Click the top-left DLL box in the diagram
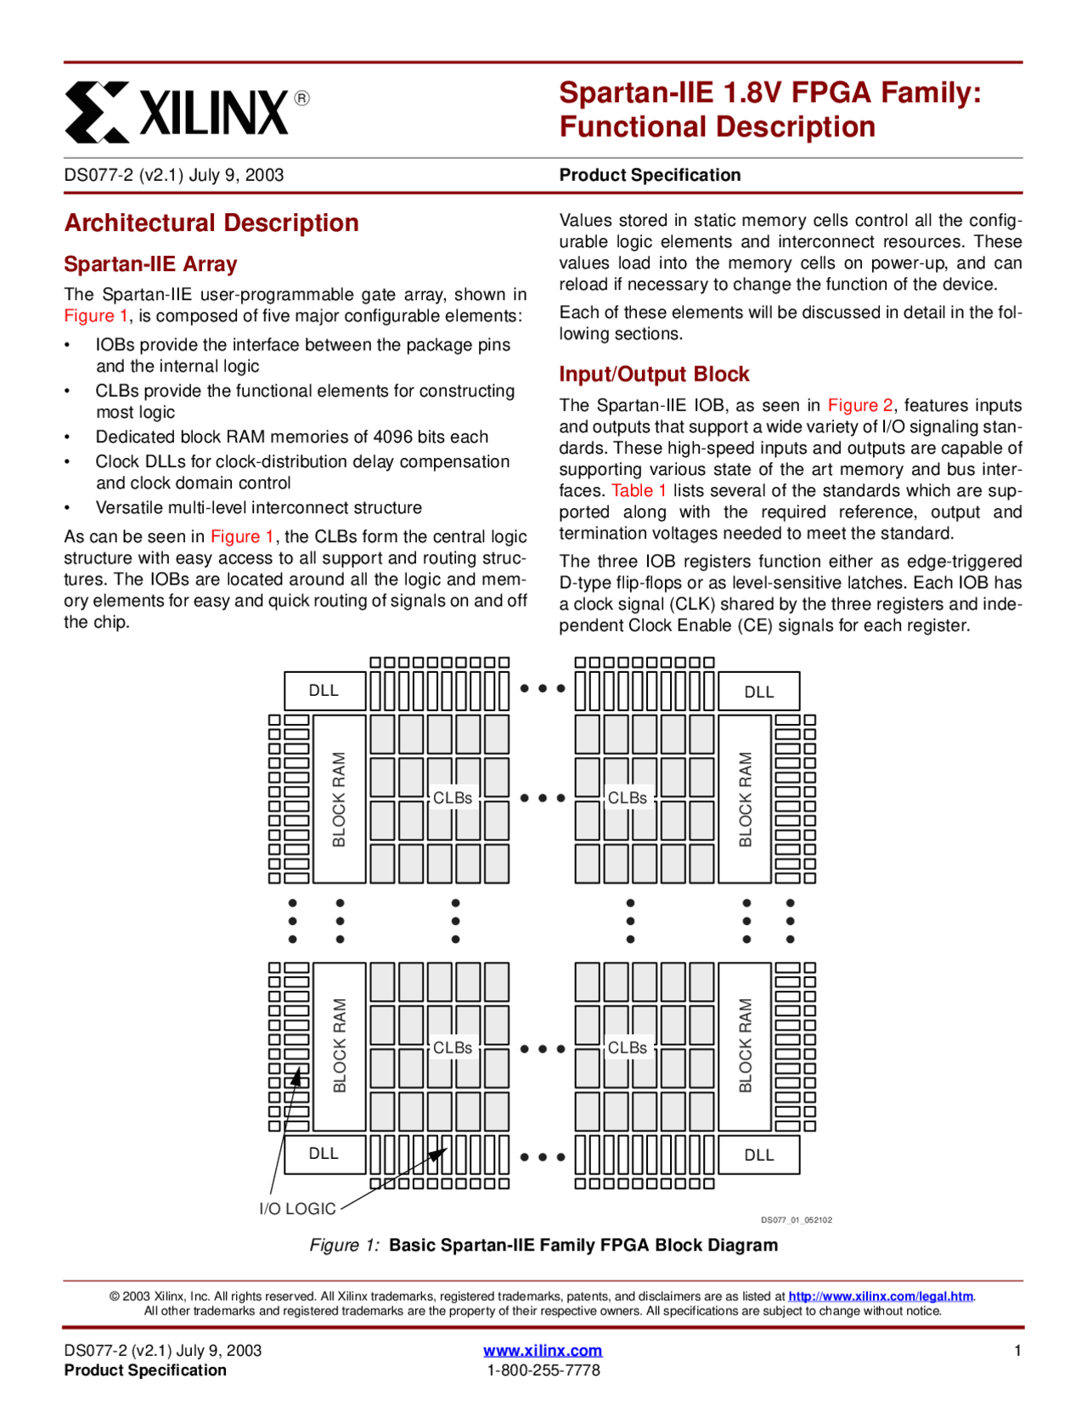click(x=324, y=691)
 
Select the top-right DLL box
click(x=758, y=692)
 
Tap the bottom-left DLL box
click(x=324, y=1154)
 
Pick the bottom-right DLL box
click(x=758, y=1155)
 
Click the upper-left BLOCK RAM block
click(x=340, y=799)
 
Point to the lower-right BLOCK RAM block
click(x=745, y=1046)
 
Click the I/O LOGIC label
click(x=297, y=1208)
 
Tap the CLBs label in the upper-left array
click(x=453, y=798)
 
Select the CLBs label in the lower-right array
click(x=628, y=1048)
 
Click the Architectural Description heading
click(x=211, y=223)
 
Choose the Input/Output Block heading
click(x=654, y=374)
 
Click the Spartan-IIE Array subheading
click(x=150, y=264)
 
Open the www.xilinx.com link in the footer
click(x=543, y=1350)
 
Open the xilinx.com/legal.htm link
click(x=880, y=1296)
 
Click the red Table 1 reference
click(x=639, y=490)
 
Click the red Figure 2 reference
click(x=860, y=405)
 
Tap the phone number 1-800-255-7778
click(x=543, y=1370)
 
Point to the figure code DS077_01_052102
click(x=796, y=1220)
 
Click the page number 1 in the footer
click(x=1017, y=1350)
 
